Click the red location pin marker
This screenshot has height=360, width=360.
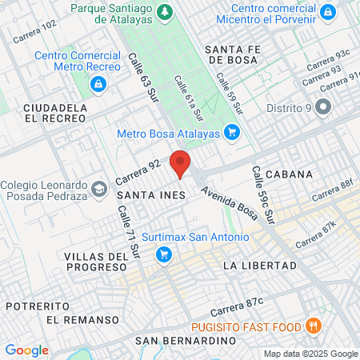181,164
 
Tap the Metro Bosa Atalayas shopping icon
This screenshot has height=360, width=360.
232,132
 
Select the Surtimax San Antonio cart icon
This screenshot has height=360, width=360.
165,255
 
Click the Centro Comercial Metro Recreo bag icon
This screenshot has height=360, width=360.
98,84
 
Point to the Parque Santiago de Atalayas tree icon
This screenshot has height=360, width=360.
166,11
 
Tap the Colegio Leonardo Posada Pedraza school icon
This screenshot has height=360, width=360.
98,189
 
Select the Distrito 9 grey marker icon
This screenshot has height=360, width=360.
323,106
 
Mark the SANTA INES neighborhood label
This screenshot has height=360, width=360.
151,194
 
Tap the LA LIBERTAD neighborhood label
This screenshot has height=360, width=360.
260,265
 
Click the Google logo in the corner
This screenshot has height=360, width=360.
26,350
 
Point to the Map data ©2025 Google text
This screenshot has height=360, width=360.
311,354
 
